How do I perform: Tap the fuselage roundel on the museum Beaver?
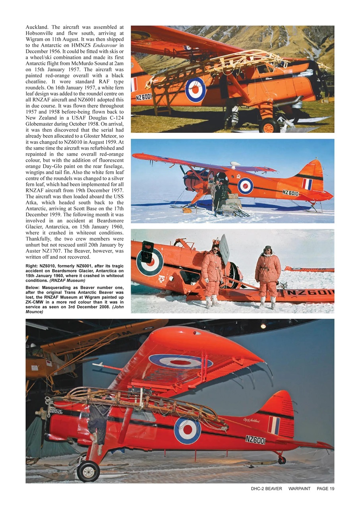[187, 430]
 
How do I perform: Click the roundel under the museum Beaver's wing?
[181, 361]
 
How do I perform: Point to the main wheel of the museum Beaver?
[88, 471]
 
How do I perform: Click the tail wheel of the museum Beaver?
[282, 460]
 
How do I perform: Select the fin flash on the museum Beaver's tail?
[274, 425]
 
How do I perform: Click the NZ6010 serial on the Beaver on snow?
[290, 193]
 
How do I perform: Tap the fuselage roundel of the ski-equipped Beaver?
[246, 186]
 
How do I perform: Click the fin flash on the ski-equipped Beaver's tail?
[307, 184]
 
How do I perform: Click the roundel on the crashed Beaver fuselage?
[149, 262]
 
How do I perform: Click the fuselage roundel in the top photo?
[195, 89]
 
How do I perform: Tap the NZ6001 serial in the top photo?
[144, 97]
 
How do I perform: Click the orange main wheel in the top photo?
[269, 126]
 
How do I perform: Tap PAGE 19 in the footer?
[325, 488]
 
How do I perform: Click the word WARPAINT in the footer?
[299, 488]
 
